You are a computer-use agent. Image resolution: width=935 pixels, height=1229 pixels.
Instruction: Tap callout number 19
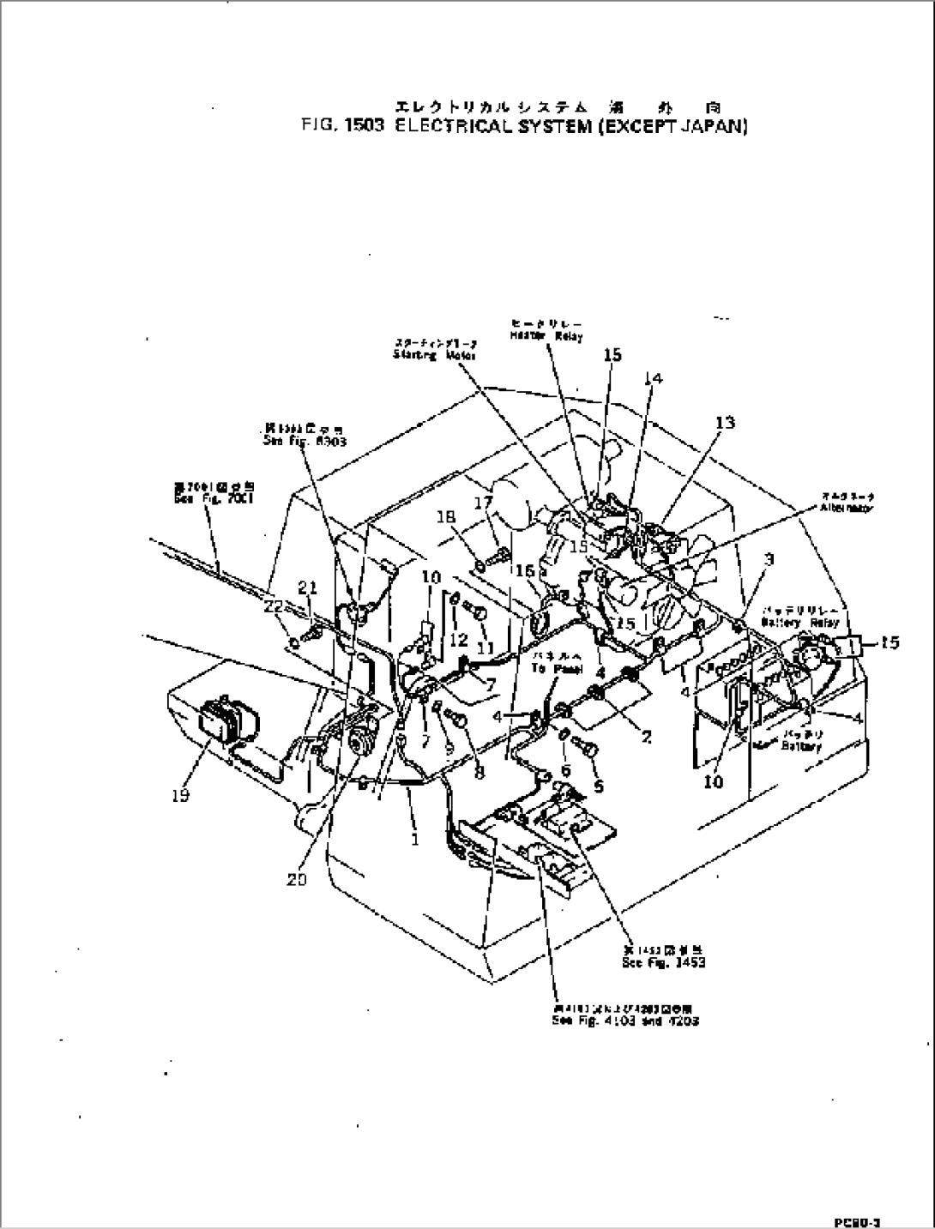pos(180,795)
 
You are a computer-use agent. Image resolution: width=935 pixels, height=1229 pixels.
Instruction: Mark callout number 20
pos(297,879)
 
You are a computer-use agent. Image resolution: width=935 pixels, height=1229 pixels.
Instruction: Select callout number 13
pos(725,422)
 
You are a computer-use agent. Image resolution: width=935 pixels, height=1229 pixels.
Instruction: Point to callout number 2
pos(645,735)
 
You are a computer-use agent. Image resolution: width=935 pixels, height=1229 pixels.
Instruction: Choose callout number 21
pos(307,587)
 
